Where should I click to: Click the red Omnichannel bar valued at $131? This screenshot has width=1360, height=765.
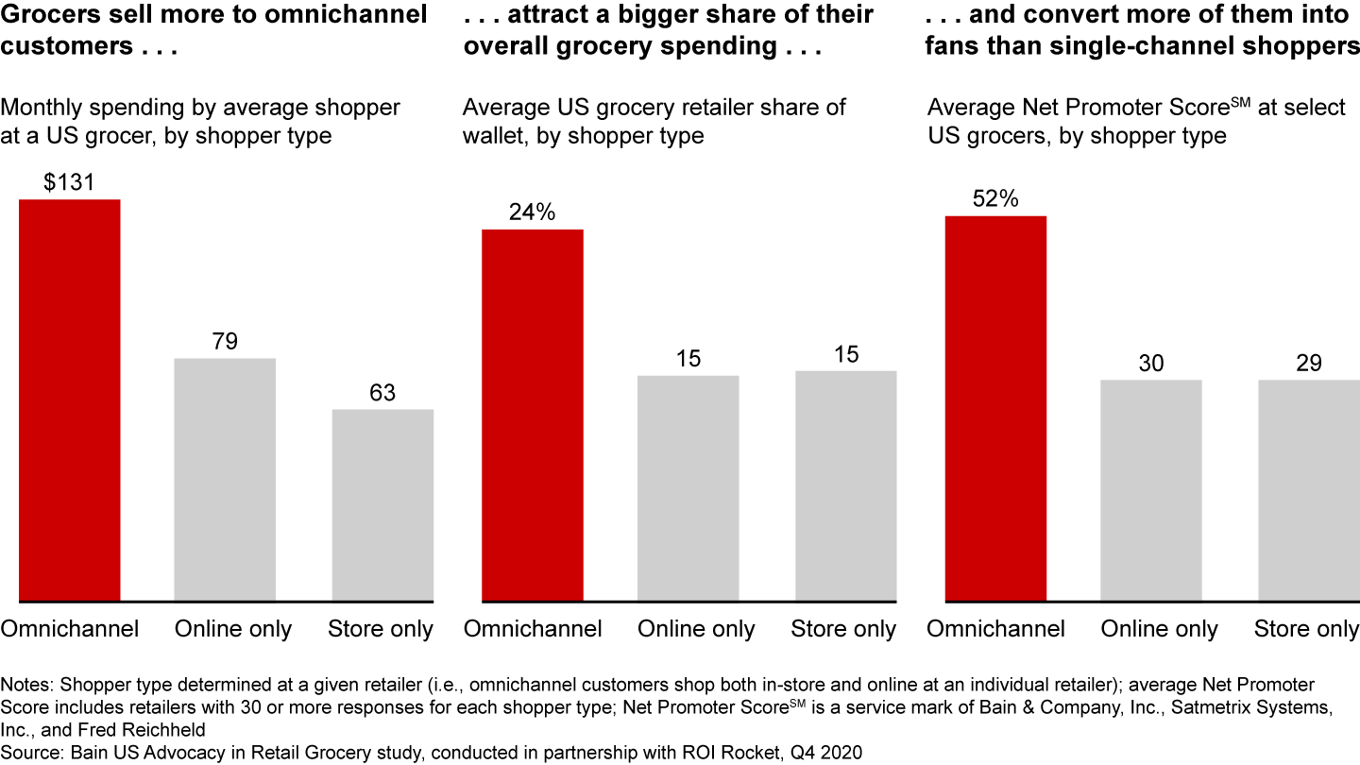(70, 399)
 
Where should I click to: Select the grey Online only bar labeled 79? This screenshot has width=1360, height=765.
(225, 479)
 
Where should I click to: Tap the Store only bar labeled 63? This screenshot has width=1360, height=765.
(382, 504)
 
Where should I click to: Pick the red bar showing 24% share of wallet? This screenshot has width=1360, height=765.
(533, 415)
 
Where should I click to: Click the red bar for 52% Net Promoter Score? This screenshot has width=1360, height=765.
(996, 408)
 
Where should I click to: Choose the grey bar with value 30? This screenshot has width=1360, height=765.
(1151, 490)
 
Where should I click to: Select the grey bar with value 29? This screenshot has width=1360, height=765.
(1309, 490)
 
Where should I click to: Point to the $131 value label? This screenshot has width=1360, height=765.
(70, 182)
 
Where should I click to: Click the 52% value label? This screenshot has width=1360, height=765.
(996, 199)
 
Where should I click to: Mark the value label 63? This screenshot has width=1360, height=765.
(382, 393)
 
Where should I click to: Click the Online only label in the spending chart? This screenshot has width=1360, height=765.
(233, 629)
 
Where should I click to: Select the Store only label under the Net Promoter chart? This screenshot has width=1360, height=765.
(1306, 629)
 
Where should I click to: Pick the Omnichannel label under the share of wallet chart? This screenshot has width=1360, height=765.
(533, 629)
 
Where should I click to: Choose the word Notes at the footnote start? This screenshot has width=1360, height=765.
(25, 683)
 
